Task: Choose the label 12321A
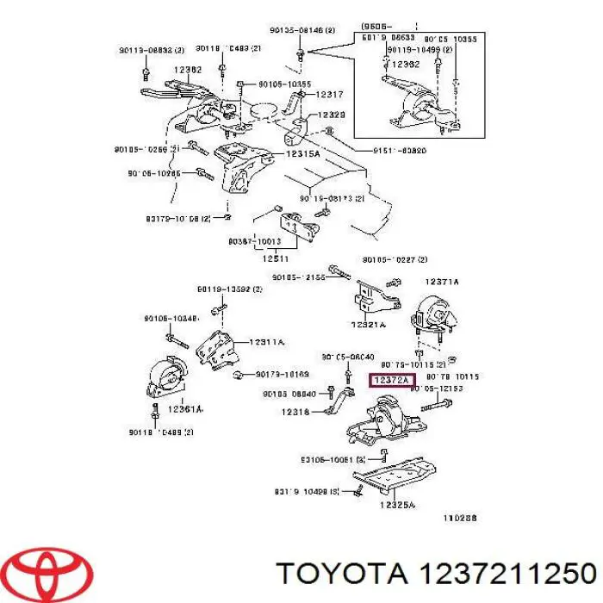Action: (369, 325)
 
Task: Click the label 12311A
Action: (267, 342)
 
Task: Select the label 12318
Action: (295, 412)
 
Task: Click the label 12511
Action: (276, 258)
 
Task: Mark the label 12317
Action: (329, 95)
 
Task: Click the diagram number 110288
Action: (459, 519)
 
